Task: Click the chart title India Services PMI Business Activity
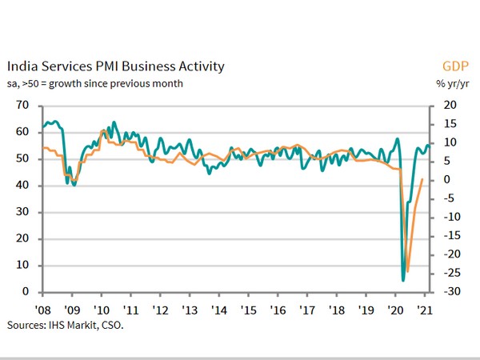click(115, 66)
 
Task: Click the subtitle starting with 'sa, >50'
click(95, 82)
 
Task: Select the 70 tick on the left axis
click(22, 105)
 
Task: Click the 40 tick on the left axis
click(22, 185)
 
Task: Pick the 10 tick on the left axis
click(22, 265)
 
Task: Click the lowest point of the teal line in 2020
click(403, 280)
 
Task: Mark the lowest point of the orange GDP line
click(407, 272)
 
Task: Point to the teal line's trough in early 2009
click(74, 185)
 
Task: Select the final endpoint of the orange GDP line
click(422, 179)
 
